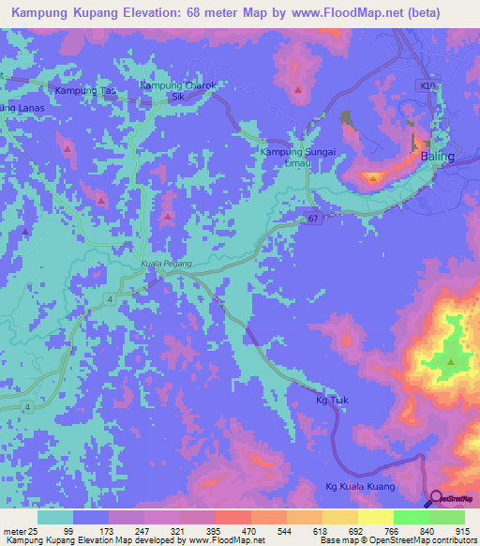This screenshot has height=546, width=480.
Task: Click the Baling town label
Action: [x=436, y=157]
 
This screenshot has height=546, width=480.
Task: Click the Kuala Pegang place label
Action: [x=166, y=265]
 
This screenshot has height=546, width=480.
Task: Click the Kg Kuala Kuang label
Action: [x=361, y=486]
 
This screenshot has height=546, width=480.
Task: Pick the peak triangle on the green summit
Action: [x=451, y=362]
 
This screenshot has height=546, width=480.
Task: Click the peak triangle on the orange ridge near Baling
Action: [x=373, y=176]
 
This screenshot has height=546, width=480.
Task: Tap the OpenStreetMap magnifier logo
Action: [x=437, y=499]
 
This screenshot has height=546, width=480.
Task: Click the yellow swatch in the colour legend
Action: [x=375, y=517]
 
